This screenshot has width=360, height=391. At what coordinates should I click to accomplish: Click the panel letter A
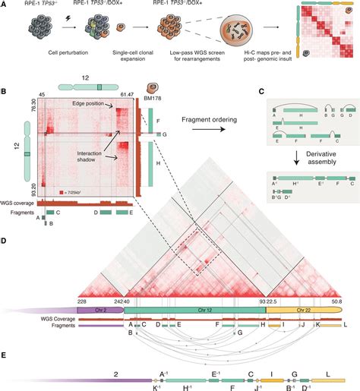5,5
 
